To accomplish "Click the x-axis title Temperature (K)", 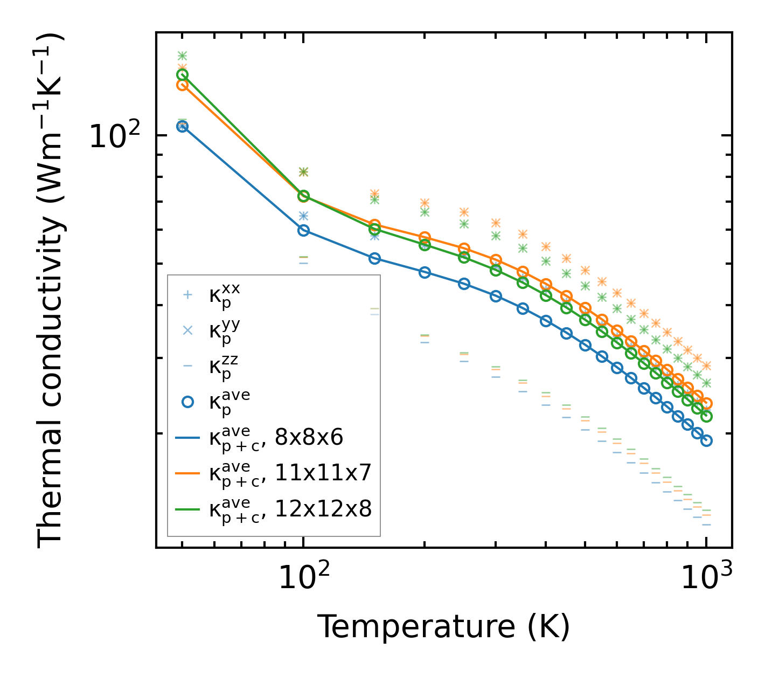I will [443, 626].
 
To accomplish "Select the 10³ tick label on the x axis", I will [706, 578].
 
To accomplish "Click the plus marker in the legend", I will [187, 295].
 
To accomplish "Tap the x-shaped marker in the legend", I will [187, 330].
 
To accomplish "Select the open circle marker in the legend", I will [187, 402].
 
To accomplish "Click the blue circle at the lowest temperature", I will [183, 127].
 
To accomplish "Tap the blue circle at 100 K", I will [303, 230].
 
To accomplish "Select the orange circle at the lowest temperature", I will [183, 85].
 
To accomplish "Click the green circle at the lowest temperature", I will [183, 75].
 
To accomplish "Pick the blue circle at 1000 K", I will [706, 440].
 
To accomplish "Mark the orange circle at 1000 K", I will [706, 404].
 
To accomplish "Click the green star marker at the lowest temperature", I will [183, 56].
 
